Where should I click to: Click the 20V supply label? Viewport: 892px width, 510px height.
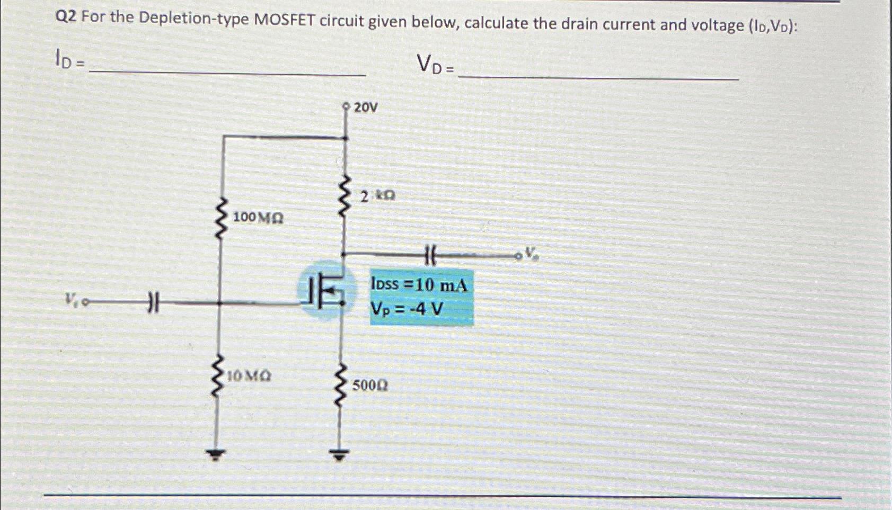click(x=366, y=108)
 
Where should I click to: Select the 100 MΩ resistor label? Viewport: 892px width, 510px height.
click(x=258, y=218)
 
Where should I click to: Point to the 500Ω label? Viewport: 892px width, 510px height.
click(x=370, y=385)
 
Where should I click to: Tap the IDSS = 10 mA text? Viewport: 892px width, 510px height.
click(x=419, y=285)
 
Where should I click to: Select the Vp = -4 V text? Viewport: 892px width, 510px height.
click(x=407, y=309)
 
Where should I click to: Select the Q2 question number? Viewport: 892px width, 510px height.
click(x=66, y=17)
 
